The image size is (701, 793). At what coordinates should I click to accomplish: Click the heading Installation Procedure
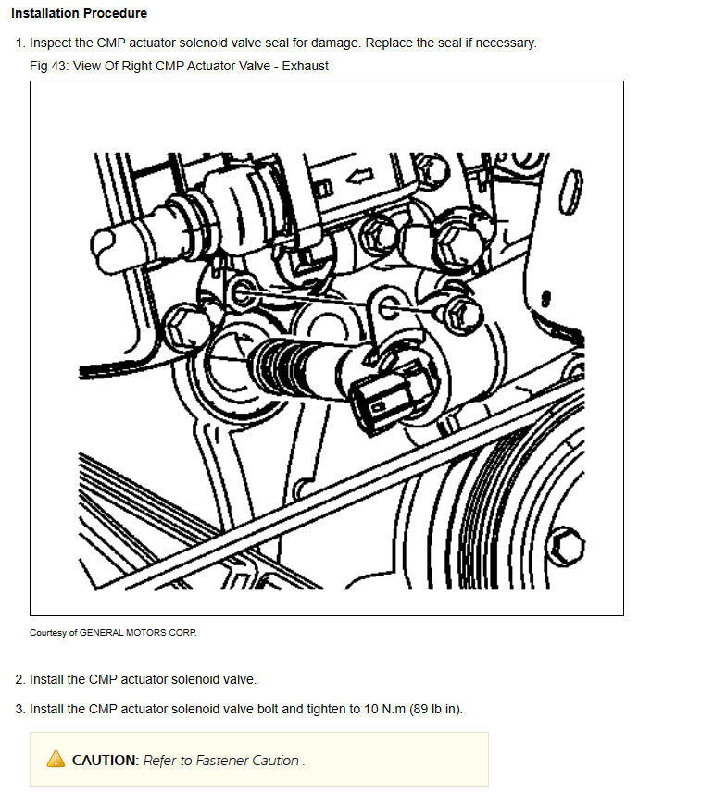click(x=79, y=13)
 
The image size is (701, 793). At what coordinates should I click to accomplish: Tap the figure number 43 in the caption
click(x=58, y=67)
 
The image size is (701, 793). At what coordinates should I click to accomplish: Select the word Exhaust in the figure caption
click(x=306, y=67)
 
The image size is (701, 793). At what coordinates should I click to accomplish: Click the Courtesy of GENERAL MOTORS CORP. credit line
click(x=113, y=633)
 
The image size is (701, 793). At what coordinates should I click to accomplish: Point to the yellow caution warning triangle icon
click(x=56, y=759)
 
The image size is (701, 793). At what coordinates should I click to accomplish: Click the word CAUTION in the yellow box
click(x=105, y=760)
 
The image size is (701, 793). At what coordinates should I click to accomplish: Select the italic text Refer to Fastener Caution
click(x=222, y=760)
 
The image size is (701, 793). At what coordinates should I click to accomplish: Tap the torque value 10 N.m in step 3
click(x=384, y=709)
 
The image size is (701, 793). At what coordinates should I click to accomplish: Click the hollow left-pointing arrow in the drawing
click(x=359, y=177)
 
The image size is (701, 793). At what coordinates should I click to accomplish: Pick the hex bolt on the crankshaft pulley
click(x=567, y=546)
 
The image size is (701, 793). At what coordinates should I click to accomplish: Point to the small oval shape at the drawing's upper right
click(x=570, y=192)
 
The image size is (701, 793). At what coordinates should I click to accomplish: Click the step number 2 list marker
click(x=19, y=679)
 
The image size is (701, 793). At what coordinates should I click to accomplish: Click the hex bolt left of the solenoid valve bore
click(x=180, y=327)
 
